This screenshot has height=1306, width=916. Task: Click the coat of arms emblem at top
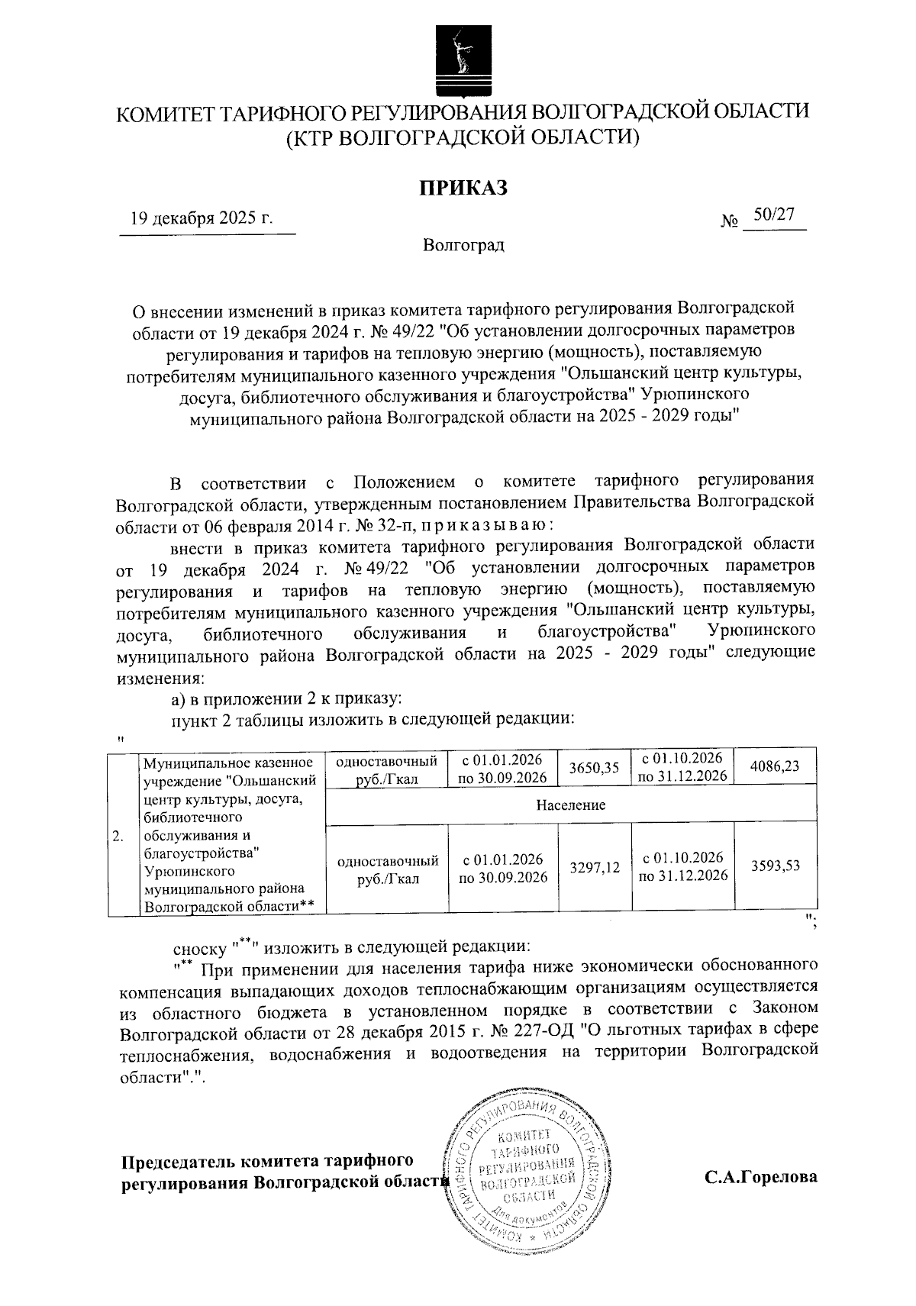point(459,55)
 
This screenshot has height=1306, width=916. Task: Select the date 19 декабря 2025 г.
point(202,218)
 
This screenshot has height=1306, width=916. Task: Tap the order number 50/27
point(773,216)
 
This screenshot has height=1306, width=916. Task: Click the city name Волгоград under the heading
point(463,246)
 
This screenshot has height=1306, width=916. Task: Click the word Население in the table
point(570,805)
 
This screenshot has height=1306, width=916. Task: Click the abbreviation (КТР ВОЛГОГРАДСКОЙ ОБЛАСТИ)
point(461,137)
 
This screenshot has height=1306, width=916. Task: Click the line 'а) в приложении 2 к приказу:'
point(285,699)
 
